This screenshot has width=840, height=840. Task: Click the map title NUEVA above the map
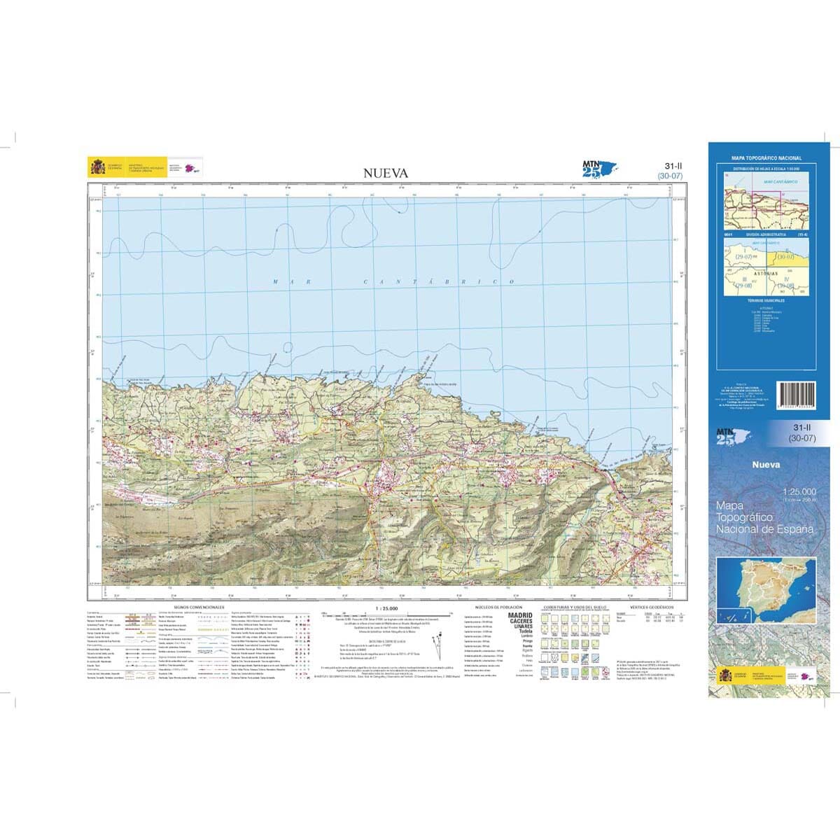click(385, 174)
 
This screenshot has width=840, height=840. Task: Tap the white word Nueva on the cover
click(766, 463)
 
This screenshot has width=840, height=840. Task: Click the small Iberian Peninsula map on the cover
click(766, 591)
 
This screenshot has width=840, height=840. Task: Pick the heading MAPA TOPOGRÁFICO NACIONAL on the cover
click(766, 159)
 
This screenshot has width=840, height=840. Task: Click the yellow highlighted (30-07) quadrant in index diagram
click(785, 257)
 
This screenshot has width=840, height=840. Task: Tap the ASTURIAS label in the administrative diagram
click(768, 274)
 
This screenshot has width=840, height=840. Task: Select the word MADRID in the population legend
click(519, 615)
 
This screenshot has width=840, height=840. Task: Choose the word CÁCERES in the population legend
click(519, 621)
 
